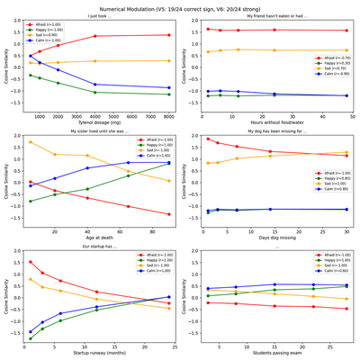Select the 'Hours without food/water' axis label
[x=274, y=123]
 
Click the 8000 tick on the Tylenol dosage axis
[x=168, y=116]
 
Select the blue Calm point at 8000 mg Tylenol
[x=168, y=88]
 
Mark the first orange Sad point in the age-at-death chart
[x=30, y=142]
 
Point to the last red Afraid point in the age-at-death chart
[x=168, y=214]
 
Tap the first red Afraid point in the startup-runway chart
[x=30, y=262]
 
